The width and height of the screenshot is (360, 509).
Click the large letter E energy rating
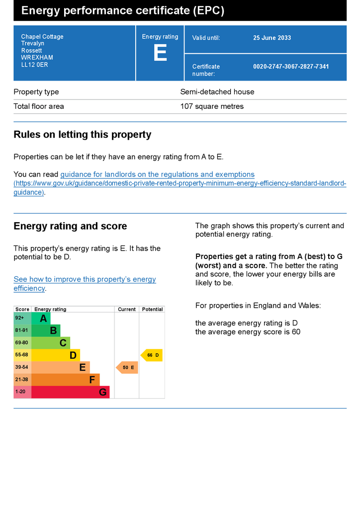(160, 53)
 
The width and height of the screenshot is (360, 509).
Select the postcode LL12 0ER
(34, 65)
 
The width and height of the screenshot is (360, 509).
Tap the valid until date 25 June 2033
(272, 38)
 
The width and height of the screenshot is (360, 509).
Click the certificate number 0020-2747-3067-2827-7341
(291, 67)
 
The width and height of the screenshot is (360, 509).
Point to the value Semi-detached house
(217, 92)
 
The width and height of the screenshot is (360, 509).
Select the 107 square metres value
(212, 106)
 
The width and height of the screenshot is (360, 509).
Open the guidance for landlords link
(157, 174)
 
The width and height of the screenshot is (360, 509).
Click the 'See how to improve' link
(85, 279)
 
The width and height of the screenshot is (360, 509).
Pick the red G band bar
(70, 392)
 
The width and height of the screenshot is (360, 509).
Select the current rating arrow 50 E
(127, 368)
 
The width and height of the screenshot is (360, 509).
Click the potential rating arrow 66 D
(152, 355)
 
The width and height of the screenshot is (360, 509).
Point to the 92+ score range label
(19, 318)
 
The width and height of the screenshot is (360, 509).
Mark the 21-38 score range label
(22, 380)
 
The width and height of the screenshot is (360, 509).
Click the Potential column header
(152, 309)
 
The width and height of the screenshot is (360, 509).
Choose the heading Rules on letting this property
(83, 135)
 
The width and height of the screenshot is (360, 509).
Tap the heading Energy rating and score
(70, 226)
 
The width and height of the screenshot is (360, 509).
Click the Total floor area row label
(39, 106)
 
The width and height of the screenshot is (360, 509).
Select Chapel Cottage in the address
(42, 37)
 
